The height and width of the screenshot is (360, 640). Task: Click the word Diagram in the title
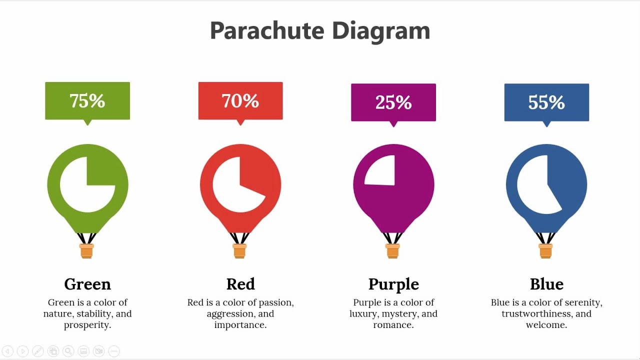380,31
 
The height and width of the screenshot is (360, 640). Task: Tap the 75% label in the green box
87,101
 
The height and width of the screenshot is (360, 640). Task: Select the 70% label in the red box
240,101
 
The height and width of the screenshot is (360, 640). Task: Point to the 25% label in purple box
393,102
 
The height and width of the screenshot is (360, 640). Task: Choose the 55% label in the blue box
546,102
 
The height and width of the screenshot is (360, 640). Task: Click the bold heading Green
87,284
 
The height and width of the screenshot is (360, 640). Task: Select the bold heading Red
240,284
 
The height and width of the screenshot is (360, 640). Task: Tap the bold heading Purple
393,284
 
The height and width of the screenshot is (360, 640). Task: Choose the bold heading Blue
546,284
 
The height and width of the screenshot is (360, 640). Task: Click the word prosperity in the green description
86,325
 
